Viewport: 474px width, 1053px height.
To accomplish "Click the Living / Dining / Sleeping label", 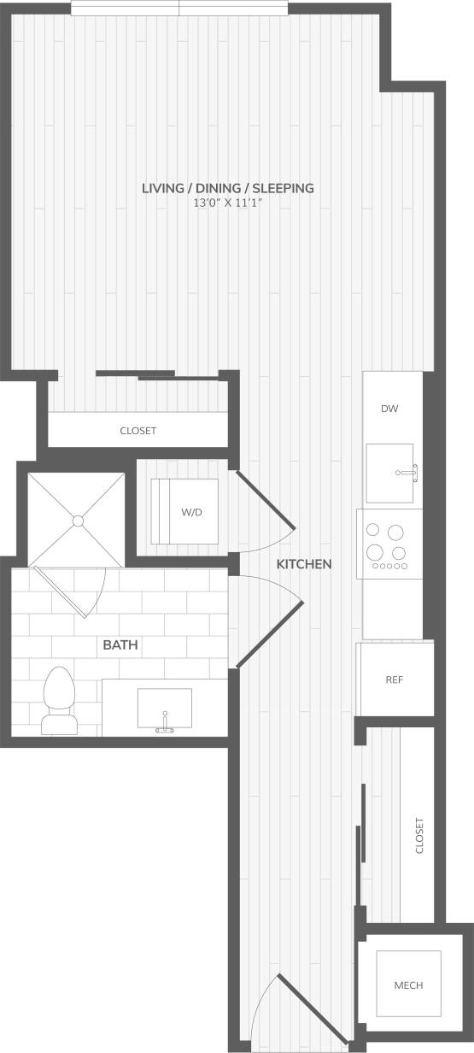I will [228, 188].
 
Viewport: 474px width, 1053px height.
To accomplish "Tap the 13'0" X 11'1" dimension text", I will [228, 204].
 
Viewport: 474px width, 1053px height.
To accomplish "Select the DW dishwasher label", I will [389, 409].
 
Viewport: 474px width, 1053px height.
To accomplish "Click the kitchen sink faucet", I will [408, 470].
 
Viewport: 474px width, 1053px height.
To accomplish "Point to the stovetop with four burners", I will [389, 544].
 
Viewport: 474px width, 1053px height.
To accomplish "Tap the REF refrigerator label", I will [394, 680].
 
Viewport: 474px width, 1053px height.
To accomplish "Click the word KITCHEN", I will [304, 564].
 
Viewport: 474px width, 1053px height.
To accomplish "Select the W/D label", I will [191, 512].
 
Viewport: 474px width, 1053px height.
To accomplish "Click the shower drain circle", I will [78, 520].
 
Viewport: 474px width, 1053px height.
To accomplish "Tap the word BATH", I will [120, 644].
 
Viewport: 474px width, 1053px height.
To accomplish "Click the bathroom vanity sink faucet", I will [164, 727].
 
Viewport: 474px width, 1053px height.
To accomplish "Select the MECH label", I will [408, 985].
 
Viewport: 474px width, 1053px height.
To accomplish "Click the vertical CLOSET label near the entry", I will [419, 836].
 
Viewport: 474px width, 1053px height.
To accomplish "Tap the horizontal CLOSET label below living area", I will [138, 431].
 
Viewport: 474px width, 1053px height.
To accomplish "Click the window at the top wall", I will [179, 8].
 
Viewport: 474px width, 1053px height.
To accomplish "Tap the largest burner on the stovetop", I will [395, 532].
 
